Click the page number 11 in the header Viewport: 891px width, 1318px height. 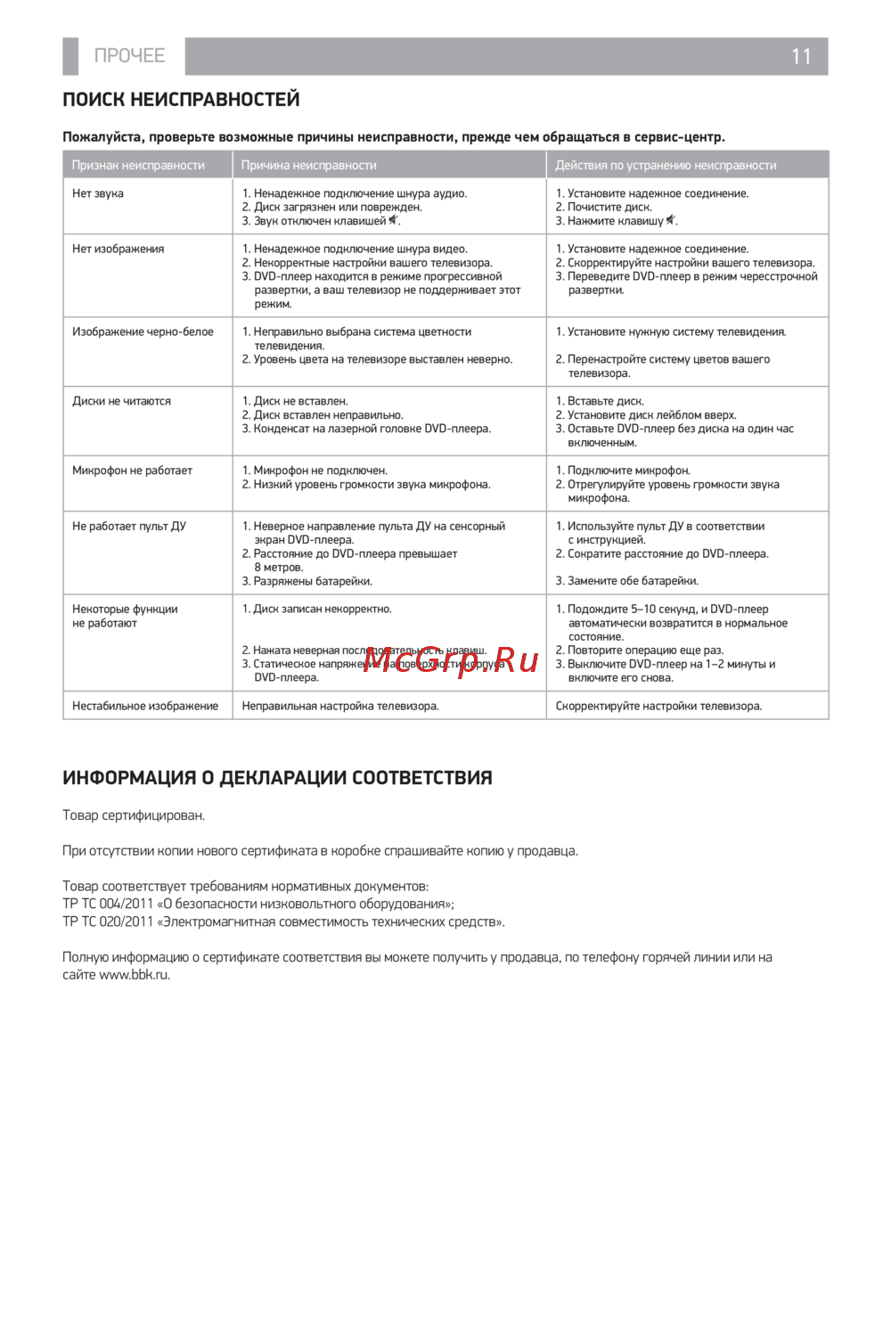pos(801,56)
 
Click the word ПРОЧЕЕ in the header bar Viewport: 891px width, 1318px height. pos(130,55)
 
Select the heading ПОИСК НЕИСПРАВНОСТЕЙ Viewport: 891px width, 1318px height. pos(181,100)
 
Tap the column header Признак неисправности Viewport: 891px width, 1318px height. pos(138,165)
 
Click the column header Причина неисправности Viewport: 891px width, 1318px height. pos(308,165)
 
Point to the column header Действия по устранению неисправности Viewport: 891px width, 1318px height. pos(666,165)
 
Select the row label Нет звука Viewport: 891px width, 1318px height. pos(98,193)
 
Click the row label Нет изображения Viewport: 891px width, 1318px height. pos(118,249)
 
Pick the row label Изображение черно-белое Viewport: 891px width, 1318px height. pos(143,332)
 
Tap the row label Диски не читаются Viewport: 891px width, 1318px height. pos(121,401)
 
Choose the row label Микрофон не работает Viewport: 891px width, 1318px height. pos(132,471)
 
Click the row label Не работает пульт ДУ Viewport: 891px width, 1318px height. pos(129,526)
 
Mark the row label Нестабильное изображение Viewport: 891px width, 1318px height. pos(145,706)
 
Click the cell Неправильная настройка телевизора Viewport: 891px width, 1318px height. pos(340,706)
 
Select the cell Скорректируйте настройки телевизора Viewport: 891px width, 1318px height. pos(658,706)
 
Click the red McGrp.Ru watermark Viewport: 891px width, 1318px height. pos(451,660)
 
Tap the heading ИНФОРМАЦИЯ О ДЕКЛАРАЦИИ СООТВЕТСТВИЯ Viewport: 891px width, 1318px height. pos(277,778)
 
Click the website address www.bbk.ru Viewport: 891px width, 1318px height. pos(134,975)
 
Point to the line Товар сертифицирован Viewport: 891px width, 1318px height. pos(134,815)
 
